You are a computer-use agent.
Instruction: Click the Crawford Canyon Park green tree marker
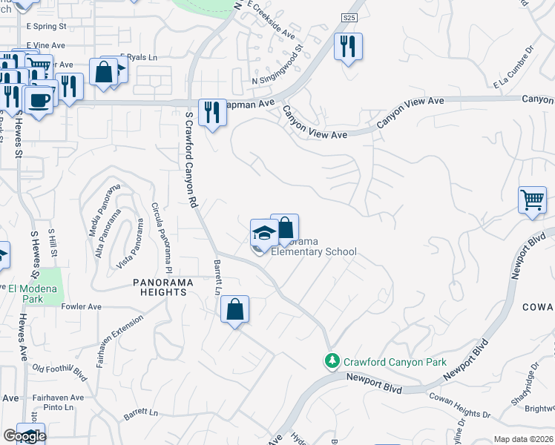[x=332, y=361]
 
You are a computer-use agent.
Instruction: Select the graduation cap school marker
[x=263, y=234]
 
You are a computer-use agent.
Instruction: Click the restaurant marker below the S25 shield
[x=347, y=47]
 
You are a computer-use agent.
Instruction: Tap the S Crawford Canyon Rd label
[x=192, y=159]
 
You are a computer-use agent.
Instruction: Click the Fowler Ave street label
[x=81, y=306]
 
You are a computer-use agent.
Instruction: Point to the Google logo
[x=24, y=436]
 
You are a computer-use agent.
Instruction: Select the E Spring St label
[x=46, y=26]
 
